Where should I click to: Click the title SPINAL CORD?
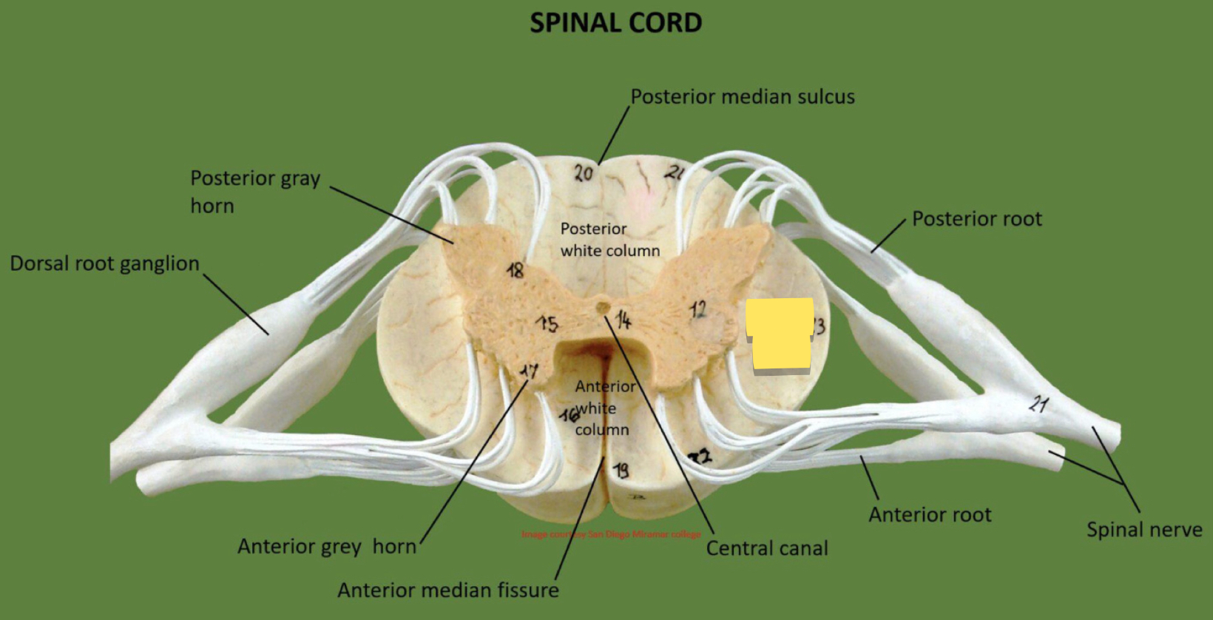(x=615, y=23)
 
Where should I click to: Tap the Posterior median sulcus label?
(x=742, y=97)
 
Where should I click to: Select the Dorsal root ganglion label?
(x=104, y=263)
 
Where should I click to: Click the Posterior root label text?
(x=976, y=219)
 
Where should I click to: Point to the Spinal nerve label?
(x=1143, y=530)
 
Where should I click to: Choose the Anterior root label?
(x=930, y=515)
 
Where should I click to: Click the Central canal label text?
(x=767, y=548)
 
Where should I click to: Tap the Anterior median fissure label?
(x=447, y=590)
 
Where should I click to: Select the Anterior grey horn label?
(x=326, y=547)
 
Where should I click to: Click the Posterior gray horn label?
(x=254, y=192)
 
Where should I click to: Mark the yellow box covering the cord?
(x=780, y=334)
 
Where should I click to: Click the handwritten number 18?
(x=515, y=270)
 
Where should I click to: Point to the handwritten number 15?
(x=548, y=323)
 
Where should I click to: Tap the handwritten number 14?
(x=624, y=320)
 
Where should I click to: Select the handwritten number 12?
(x=698, y=309)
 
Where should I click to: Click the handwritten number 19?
(x=621, y=469)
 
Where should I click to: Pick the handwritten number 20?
(x=584, y=173)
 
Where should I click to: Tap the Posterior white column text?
(x=609, y=240)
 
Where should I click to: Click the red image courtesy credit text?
(x=611, y=533)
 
